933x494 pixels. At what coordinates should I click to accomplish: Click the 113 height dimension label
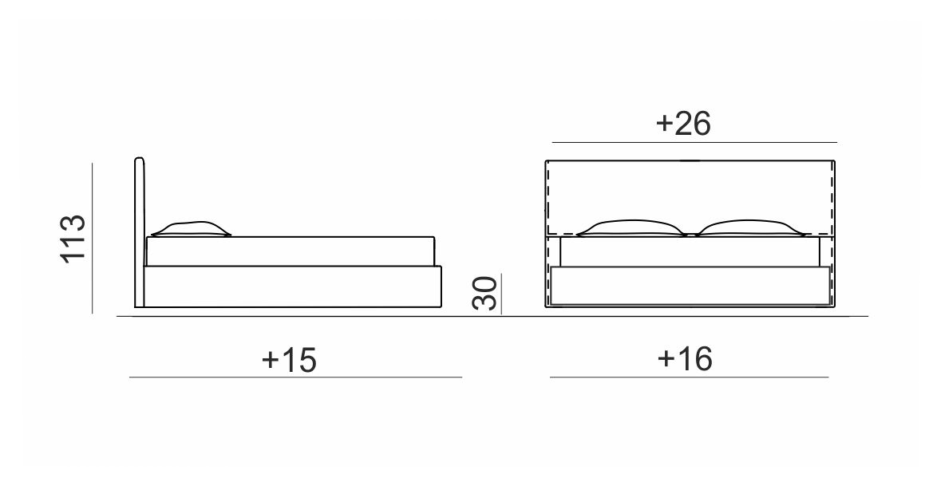pos(73,238)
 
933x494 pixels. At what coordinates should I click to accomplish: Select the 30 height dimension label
pos(484,294)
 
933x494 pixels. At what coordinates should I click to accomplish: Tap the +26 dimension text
pos(683,124)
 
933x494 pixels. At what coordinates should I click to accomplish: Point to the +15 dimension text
pos(289,360)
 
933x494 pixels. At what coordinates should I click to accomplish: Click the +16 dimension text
pos(685,359)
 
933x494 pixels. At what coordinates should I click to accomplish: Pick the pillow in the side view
pos(191,229)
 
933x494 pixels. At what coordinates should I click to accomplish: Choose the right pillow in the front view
pos(749,227)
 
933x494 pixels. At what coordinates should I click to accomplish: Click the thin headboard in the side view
pos(139,232)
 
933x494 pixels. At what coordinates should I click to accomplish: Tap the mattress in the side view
pos(291,251)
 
